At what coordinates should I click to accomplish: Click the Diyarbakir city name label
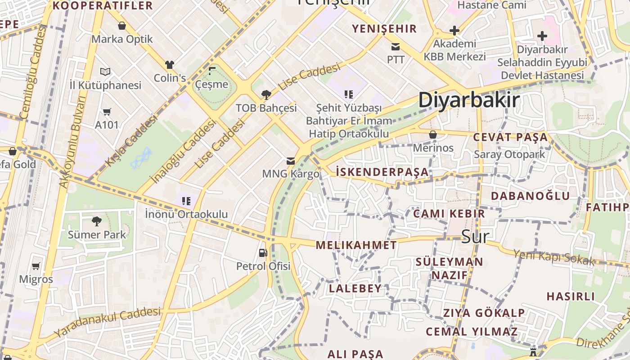click(469, 100)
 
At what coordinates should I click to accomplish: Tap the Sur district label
click(475, 236)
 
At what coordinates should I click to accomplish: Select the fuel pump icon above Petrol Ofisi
click(263, 253)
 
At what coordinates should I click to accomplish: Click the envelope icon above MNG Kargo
click(291, 161)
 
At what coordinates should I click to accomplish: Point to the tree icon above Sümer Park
click(96, 221)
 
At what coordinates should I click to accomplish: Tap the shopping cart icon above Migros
click(36, 266)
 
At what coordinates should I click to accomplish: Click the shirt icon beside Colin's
click(170, 65)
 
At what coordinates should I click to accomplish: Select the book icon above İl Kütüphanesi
click(105, 72)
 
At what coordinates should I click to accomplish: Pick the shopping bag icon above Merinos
click(433, 134)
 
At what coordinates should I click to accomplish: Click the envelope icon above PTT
click(396, 46)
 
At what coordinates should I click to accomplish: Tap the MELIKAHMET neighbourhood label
click(356, 245)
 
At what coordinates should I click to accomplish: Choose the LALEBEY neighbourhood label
click(355, 288)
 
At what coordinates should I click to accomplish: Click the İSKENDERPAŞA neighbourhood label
click(382, 172)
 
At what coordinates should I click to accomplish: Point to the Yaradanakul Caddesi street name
click(108, 322)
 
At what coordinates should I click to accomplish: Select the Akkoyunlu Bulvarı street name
click(72, 142)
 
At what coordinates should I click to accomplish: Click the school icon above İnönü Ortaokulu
click(186, 201)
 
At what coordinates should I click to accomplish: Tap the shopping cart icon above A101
click(107, 111)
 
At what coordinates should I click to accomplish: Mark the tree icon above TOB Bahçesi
click(266, 94)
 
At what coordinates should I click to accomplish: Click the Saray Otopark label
click(509, 154)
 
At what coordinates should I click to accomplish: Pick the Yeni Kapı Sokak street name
click(554, 257)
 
